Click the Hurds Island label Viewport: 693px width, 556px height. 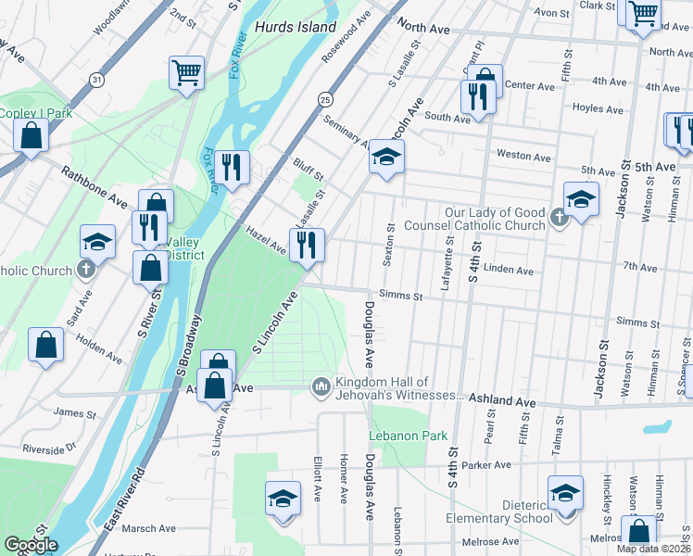(296, 27)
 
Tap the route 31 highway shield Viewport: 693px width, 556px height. (96, 81)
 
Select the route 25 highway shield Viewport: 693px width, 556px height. (324, 98)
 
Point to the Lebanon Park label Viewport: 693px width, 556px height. (408, 436)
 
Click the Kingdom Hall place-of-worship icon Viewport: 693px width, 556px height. (321, 384)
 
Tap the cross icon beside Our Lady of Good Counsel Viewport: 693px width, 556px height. (558, 219)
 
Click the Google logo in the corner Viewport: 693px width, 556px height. (31, 545)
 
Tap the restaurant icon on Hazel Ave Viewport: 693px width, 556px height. (305, 246)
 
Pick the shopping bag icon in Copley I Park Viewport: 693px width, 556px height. (31, 135)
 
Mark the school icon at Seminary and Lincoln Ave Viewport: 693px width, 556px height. (386, 157)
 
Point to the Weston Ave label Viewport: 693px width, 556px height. (524, 156)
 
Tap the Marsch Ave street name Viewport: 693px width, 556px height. (147, 528)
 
